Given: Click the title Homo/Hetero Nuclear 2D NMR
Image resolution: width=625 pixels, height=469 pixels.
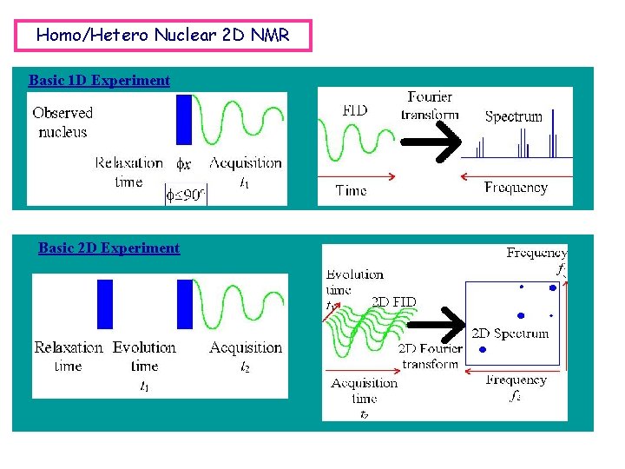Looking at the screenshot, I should click(x=163, y=36).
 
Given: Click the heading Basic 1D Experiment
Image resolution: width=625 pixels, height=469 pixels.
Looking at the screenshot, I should click(x=99, y=81).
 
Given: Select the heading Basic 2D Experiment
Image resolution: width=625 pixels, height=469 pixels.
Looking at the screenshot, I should click(x=109, y=248).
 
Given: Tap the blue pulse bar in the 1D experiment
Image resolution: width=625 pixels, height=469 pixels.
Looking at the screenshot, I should click(x=183, y=119).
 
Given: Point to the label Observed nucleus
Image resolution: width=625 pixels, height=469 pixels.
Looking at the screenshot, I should click(x=62, y=122).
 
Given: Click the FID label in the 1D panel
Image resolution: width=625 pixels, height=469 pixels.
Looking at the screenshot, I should click(x=355, y=110).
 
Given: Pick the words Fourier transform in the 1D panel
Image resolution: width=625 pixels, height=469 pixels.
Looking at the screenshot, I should click(x=429, y=105).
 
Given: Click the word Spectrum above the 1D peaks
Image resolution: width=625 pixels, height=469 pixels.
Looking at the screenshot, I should click(x=514, y=116).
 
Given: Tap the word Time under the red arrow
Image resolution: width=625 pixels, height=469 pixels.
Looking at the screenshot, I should click(x=351, y=190).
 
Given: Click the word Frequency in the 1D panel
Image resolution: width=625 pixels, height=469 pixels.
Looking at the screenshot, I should click(x=516, y=188).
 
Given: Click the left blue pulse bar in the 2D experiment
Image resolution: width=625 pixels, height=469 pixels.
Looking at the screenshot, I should click(x=105, y=304).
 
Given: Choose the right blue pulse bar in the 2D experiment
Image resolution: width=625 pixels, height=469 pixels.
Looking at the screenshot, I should click(x=184, y=304).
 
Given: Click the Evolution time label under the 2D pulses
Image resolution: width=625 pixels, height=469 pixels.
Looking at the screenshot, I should click(x=144, y=357).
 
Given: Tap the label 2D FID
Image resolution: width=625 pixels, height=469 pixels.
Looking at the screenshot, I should click(x=394, y=302).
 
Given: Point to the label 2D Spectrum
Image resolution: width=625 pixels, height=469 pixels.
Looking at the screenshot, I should click(x=510, y=334).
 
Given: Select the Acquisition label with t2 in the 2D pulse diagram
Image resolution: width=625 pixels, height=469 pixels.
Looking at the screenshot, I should click(x=246, y=356).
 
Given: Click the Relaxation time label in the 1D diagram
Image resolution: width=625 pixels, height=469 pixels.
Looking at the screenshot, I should click(x=128, y=172).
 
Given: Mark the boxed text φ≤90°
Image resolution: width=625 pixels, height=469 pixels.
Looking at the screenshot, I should click(x=186, y=195).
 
